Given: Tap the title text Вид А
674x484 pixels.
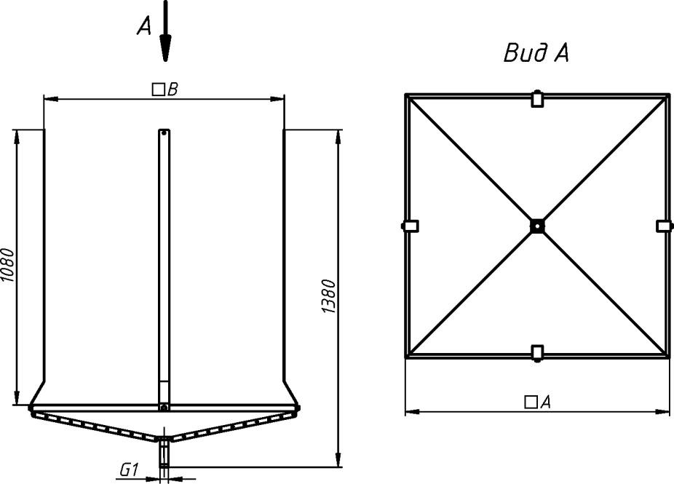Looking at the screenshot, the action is coord(536,53).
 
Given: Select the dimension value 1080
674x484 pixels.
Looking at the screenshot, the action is coord(8,265).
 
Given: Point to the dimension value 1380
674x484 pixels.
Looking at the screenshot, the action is coord(329,297).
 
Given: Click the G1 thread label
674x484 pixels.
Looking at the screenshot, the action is coord(129,470).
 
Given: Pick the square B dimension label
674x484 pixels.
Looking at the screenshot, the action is coord(165,90).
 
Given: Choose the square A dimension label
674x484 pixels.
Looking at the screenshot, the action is coord(538,402).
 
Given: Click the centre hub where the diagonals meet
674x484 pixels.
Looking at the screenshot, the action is coord(537,226).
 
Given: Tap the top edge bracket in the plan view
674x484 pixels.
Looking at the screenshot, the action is coord(536,99).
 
